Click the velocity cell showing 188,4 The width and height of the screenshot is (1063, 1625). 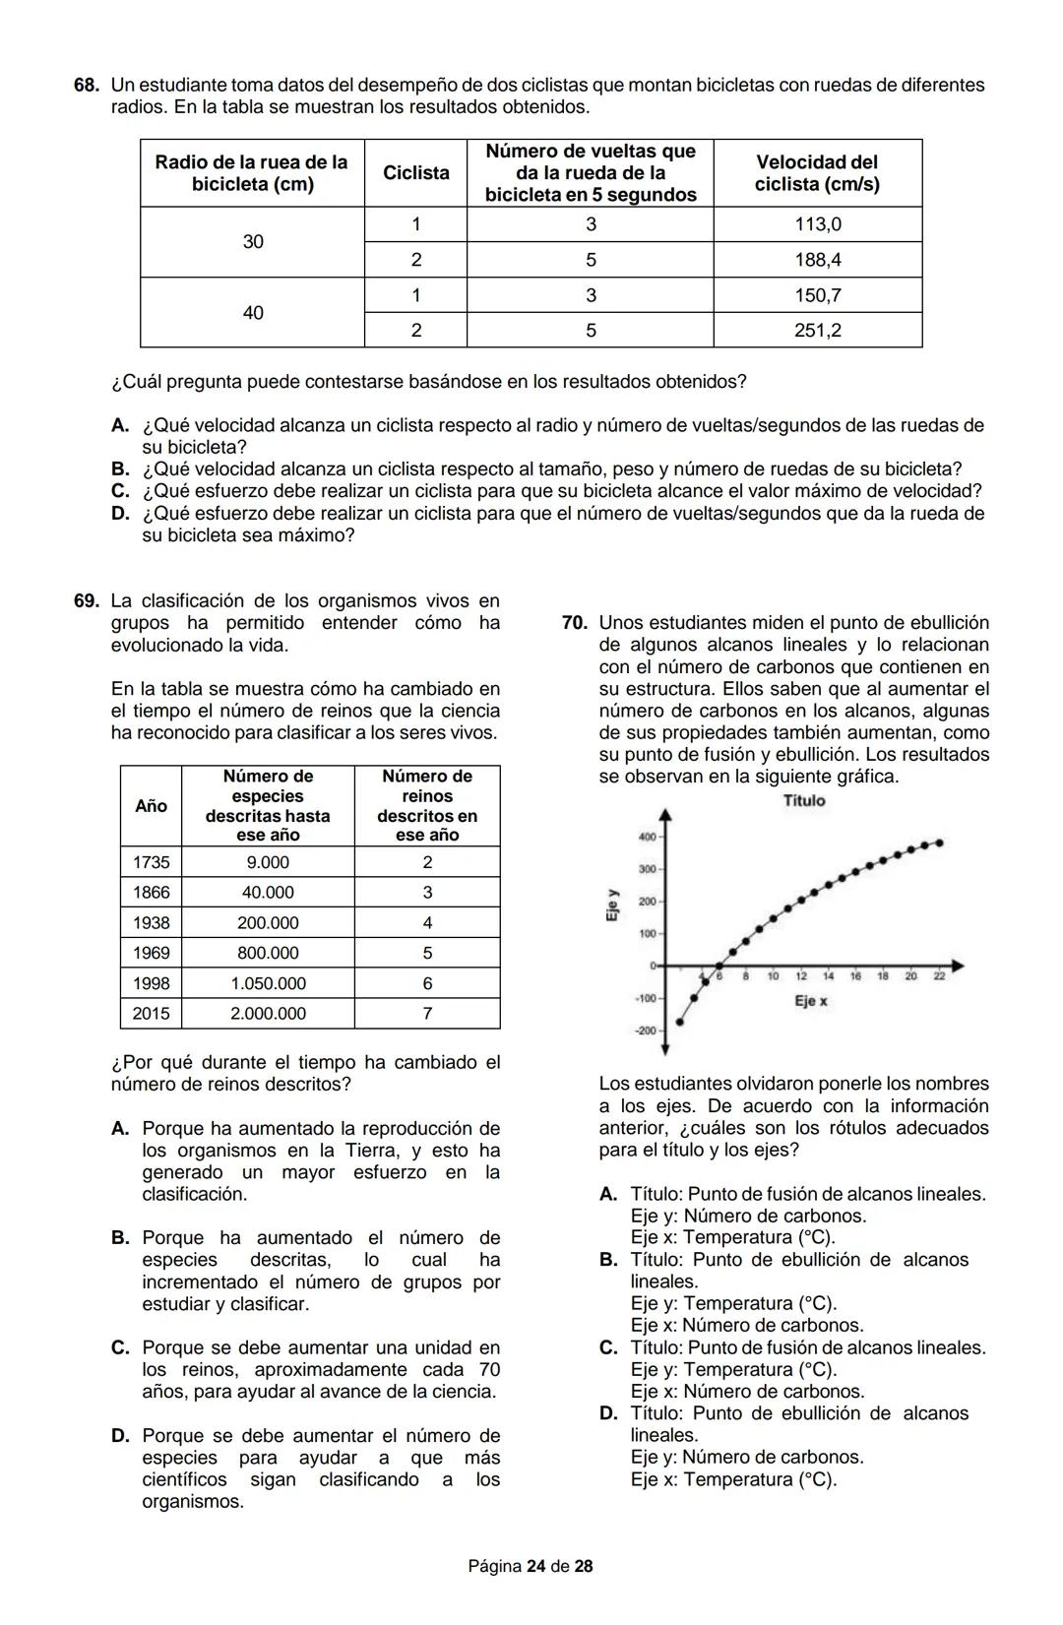818,260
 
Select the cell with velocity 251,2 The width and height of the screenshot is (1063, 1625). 818,331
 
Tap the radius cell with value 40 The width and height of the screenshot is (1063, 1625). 253,313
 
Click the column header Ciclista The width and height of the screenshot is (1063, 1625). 415,173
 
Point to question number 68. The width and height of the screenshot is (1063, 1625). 87,86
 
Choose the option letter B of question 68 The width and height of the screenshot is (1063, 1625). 120,469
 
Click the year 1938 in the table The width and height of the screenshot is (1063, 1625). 151,923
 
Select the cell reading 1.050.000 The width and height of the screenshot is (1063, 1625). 268,983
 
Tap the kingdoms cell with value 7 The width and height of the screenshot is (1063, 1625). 427,1014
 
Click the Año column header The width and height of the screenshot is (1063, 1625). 151,806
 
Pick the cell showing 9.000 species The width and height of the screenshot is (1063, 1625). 268,862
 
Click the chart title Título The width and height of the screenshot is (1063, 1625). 804,801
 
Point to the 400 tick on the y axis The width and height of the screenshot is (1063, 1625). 647,838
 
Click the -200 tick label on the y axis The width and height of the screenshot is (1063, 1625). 645,1031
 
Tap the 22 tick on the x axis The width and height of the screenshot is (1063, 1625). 939,976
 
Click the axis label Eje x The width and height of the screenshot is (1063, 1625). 811,1002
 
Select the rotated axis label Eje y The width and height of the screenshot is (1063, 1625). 612,906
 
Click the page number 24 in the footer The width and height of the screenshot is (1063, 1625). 535,1566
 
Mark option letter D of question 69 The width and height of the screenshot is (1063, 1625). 120,1436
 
